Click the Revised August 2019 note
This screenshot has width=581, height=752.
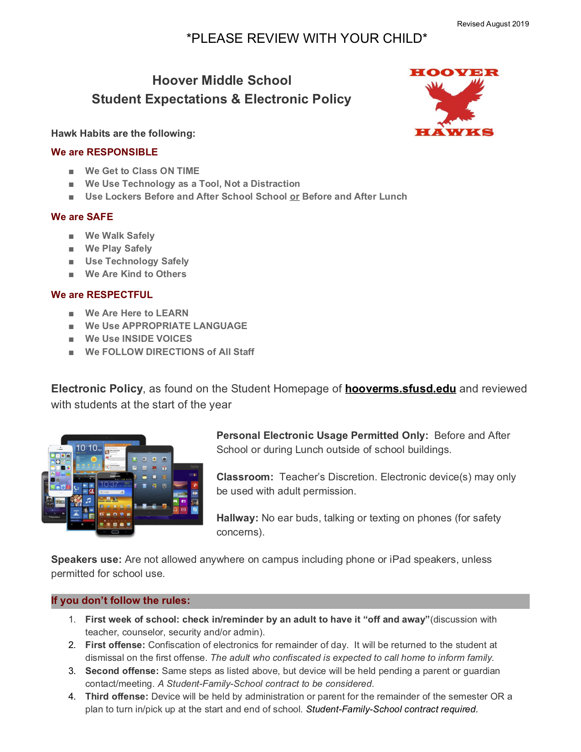tap(493, 24)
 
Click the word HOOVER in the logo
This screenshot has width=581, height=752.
tap(454, 72)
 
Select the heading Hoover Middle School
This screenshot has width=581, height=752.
tap(221, 81)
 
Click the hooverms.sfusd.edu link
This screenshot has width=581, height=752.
tap(400, 389)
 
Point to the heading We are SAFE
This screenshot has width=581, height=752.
tap(82, 217)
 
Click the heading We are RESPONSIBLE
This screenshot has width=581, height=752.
tap(104, 152)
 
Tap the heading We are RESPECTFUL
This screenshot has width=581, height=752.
tap(102, 295)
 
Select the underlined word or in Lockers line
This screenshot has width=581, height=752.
tap(294, 197)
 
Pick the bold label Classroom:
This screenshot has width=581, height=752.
tap(245, 477)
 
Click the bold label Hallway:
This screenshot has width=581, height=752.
tap(237, 518)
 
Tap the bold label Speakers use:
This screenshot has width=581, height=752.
tap(86, 560)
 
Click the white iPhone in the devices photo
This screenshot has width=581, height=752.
tap(61, 469)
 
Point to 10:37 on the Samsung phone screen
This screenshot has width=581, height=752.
tap(110, 484)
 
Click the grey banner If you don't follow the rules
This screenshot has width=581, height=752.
tap(290, 601)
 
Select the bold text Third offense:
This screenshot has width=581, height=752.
tap(117, 696)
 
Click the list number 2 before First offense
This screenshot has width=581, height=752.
tap(72, 645)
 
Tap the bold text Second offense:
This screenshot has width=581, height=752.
tap(122, 671)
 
